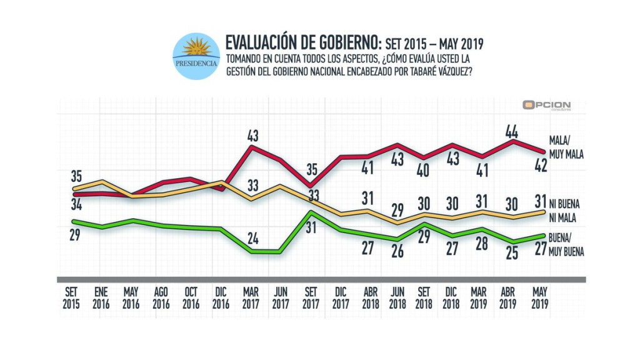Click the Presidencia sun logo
click(x=196, y=56)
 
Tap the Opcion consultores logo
click(x=546, y=106)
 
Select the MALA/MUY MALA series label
click(x=566, y=147)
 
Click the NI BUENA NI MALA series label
click(x=564, y=211)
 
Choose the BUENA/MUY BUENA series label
click(x=566, y=244)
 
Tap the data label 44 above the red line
click(x=511, y=132)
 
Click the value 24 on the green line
click(x=252, y=238)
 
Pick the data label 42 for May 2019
click(x=541, y=165)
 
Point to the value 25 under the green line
click(x=512, y=254)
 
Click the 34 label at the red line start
click(x=76, y=204)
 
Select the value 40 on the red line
click(x=423, y=171)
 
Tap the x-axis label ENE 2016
click(x=101, y=298)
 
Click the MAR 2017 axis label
click(x=251, y=298)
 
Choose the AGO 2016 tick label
click(x=161, y=298)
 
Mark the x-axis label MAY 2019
click(x=539, y=298)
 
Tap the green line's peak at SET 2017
click(x=311, y=212)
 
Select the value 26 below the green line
click(x=397, y=251)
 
